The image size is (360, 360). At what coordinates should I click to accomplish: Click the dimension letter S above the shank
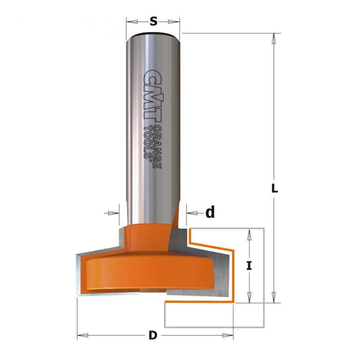tap(153, 22)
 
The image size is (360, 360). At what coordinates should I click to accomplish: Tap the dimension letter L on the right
tap(274, 189)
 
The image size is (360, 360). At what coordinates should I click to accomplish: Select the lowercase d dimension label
tap(210, 212)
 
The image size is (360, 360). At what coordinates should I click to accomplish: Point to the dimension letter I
tap(249, 266)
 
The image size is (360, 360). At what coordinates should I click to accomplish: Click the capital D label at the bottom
tap(153, 335)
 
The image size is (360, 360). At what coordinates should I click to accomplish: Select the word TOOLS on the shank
tap(148, 142)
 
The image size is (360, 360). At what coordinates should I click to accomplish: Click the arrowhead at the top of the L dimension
tap(273, 39)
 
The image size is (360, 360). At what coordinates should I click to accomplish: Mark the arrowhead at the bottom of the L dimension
tap(273, 297)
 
